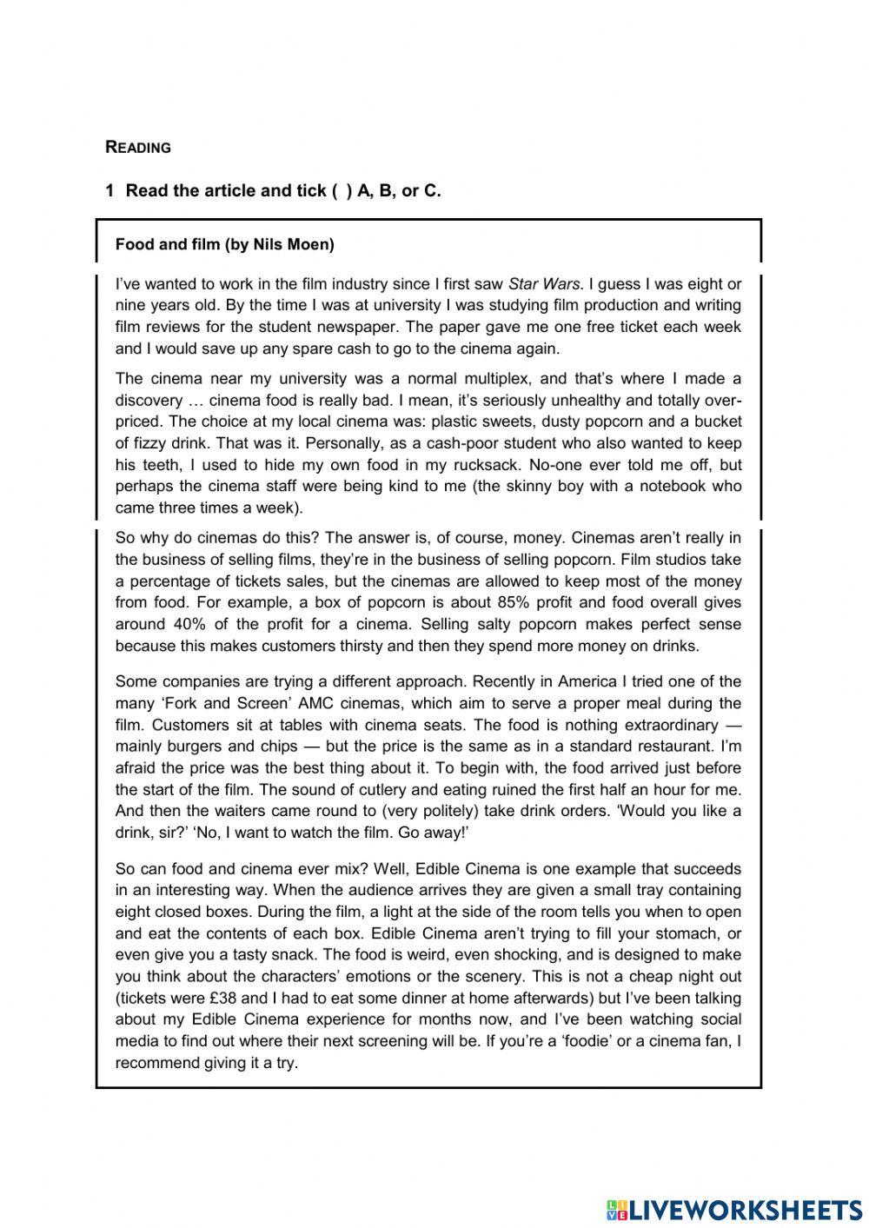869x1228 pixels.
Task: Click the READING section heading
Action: (138, 148)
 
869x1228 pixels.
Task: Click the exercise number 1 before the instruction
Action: (109, 191)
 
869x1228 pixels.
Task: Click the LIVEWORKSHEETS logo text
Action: (744, 1210)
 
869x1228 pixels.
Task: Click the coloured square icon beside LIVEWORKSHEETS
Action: (616, 1210)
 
